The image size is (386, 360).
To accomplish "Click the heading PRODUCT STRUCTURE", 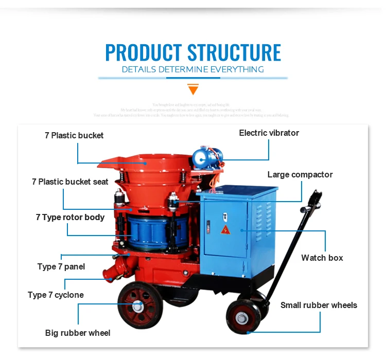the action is (193, 52).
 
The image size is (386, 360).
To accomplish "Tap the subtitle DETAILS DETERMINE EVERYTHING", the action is (193, 69).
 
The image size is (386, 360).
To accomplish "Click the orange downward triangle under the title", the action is (193, 90).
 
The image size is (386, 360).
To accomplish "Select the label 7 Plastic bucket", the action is (74, 136).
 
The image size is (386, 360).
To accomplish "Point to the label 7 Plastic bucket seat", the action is (70, 182).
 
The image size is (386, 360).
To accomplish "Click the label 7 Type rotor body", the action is (70, 217).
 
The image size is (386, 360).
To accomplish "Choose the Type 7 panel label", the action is (61, 266).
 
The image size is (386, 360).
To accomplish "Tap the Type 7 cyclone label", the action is (56, 295).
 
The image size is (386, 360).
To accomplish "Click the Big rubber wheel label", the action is (78, 333).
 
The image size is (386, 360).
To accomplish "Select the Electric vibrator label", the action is (269, 133).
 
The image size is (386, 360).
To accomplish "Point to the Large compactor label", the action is (300, 174).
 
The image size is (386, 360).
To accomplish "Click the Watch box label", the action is (322, 258).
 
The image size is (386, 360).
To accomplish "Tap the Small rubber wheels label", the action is (319, 305).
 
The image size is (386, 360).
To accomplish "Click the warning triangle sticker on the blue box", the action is (225, 229).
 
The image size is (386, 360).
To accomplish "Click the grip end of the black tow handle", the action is (315, 198).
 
